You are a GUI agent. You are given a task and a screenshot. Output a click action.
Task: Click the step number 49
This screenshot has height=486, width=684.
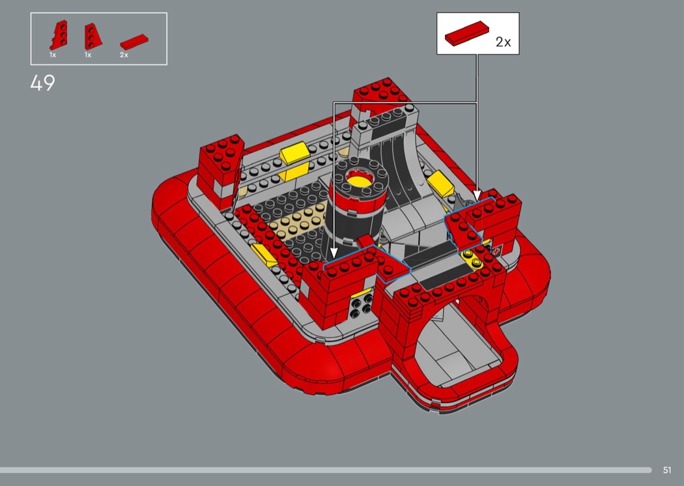[43, 83]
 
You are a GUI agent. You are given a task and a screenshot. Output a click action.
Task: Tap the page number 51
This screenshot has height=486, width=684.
[666, 470]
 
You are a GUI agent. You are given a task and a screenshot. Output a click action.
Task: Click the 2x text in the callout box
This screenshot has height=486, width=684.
[503, 42]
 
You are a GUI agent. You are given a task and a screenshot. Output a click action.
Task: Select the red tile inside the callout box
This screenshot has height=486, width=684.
[466, 34]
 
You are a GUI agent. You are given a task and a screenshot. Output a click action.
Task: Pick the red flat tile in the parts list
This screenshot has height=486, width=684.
[134, 42]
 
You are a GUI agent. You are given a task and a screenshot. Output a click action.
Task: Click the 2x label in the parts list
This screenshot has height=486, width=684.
[124, 55]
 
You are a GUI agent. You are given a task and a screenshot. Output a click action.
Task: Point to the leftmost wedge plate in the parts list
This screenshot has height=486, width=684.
[59, 35]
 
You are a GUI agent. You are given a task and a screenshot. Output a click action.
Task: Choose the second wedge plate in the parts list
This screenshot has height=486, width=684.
[93, 36]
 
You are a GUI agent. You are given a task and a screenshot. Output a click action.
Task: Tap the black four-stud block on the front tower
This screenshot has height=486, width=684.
[362, 305]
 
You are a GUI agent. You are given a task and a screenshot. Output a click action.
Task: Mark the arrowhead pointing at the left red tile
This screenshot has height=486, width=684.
[334, 253]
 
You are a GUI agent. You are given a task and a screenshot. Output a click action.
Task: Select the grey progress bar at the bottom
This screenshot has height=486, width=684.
[326, 470]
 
